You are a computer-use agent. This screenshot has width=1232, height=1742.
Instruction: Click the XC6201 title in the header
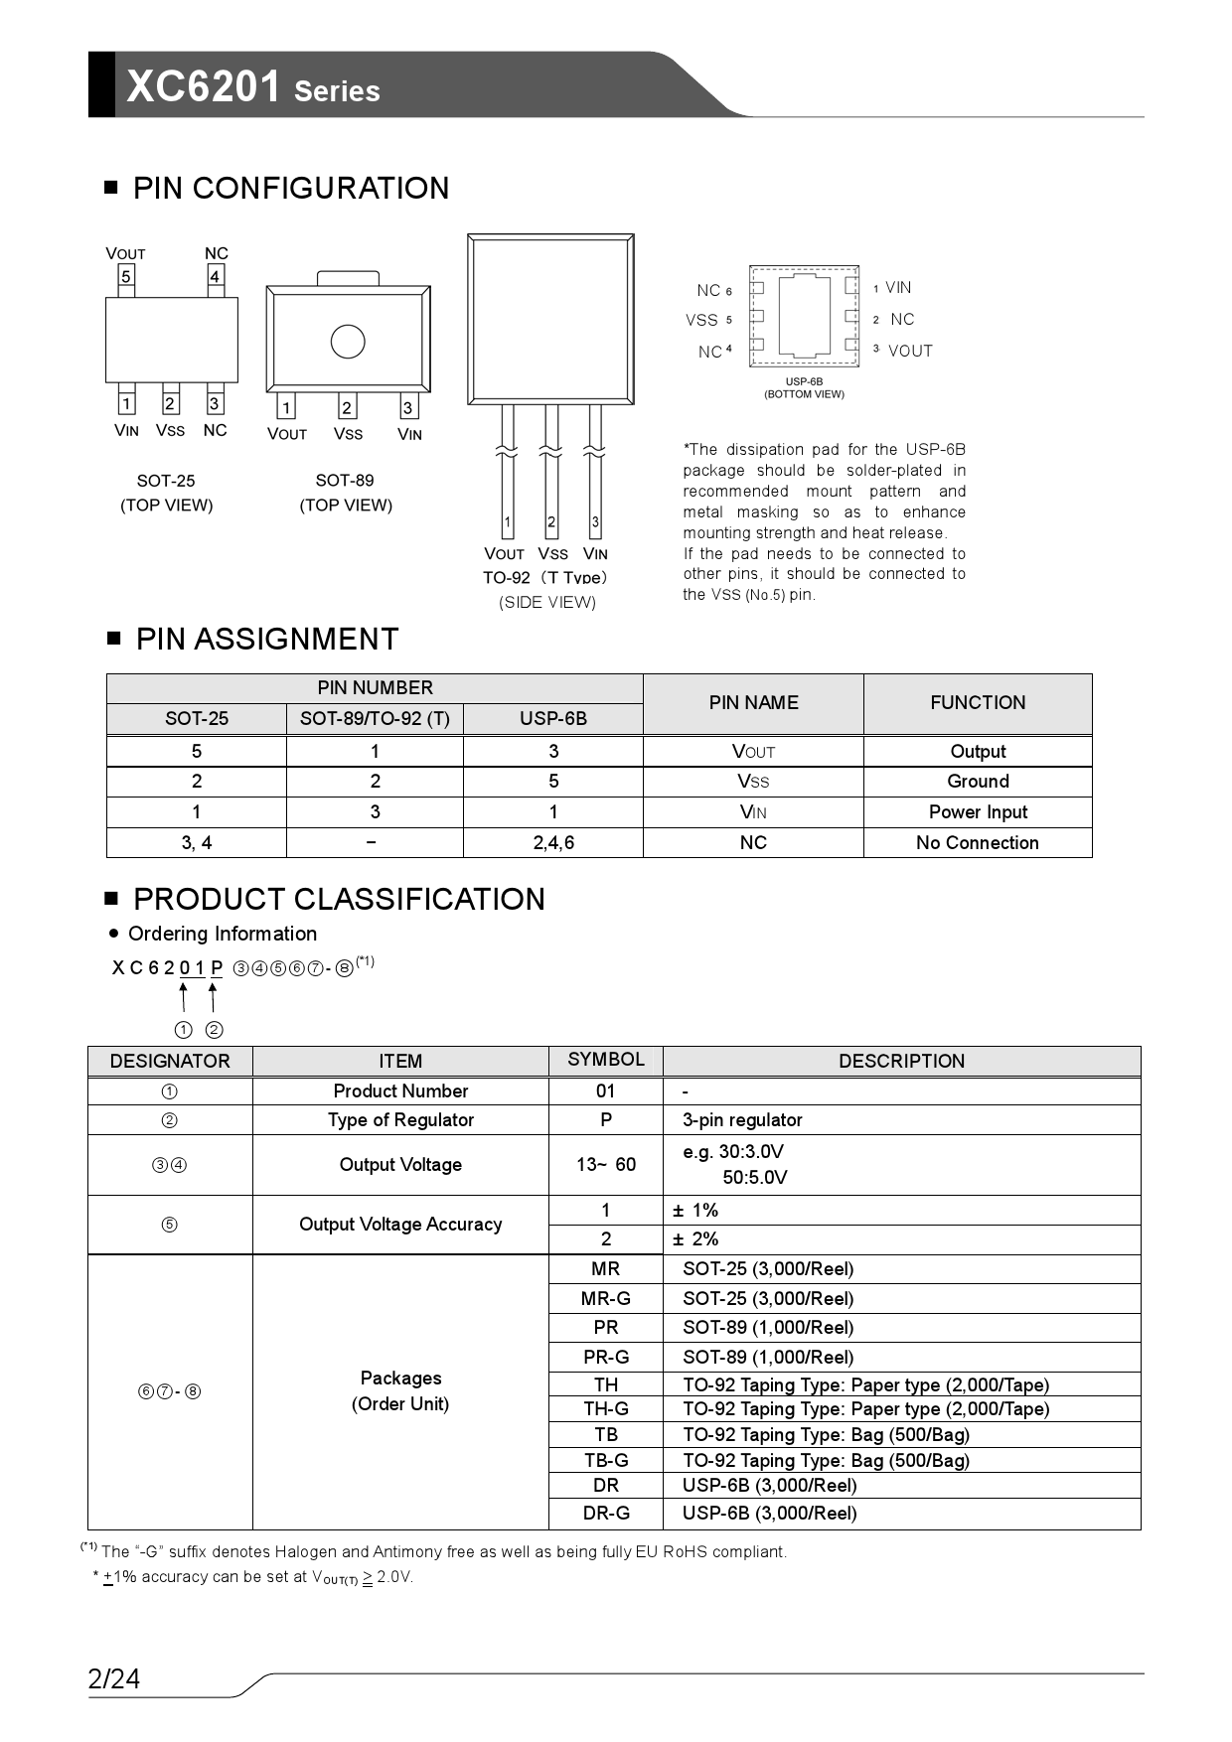[x=204, y=87]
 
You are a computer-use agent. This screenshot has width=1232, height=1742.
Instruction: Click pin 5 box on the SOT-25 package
[x=126, y=276]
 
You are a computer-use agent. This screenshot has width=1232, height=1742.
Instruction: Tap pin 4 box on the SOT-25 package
[x=215, y=276]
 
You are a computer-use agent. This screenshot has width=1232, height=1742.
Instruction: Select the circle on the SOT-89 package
[x=348, y=342]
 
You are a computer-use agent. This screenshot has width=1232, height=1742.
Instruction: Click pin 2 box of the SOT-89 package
[x=347, y=407]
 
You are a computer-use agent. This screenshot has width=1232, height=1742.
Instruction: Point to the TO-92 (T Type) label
[x=545, y=578]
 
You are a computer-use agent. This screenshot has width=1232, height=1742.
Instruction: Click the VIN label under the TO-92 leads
[x=595, y=554]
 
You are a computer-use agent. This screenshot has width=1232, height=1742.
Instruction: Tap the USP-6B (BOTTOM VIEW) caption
[x=804, y=388]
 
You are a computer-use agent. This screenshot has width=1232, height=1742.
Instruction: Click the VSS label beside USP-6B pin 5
[x=701, y=320]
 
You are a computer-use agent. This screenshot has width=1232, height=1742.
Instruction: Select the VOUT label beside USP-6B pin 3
[x=910, y=351]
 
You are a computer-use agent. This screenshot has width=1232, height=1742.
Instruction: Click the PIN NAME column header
[x=753, y=703]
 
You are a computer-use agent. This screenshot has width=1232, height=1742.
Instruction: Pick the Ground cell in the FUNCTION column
[x=978, y=782]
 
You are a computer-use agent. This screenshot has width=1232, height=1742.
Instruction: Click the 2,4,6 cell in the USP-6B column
[x=553, y=843]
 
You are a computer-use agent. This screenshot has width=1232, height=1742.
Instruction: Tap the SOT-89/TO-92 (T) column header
[x=375, y=719]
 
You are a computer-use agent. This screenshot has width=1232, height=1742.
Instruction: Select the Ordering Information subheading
[x=223, y=934]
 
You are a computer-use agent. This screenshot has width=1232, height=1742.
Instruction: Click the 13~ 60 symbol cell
[x=606, y=1165]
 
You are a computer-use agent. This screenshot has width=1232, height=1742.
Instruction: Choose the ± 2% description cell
[x=695, y=1239]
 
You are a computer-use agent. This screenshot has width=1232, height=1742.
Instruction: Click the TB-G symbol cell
[x=606, y=1461]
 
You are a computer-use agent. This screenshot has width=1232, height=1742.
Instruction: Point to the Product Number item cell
[x=400, y=1091]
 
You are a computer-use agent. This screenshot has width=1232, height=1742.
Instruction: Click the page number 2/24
[x=114, y=1679]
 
